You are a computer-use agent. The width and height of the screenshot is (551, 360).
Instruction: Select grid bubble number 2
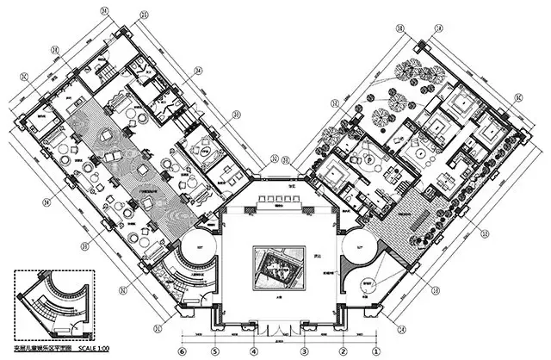click(x=343, y=351)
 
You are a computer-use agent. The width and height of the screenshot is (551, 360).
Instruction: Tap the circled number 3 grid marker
click(x=304, y=351)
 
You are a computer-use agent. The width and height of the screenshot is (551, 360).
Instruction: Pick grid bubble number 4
click(x=253, y=351)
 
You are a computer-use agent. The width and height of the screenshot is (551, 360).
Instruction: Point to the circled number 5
click(x=215, y=351)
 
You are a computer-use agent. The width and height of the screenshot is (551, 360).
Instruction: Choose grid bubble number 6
click(x=183, y=351)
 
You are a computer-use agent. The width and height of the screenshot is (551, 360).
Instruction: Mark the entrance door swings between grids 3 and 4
click(x=277, y=329)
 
